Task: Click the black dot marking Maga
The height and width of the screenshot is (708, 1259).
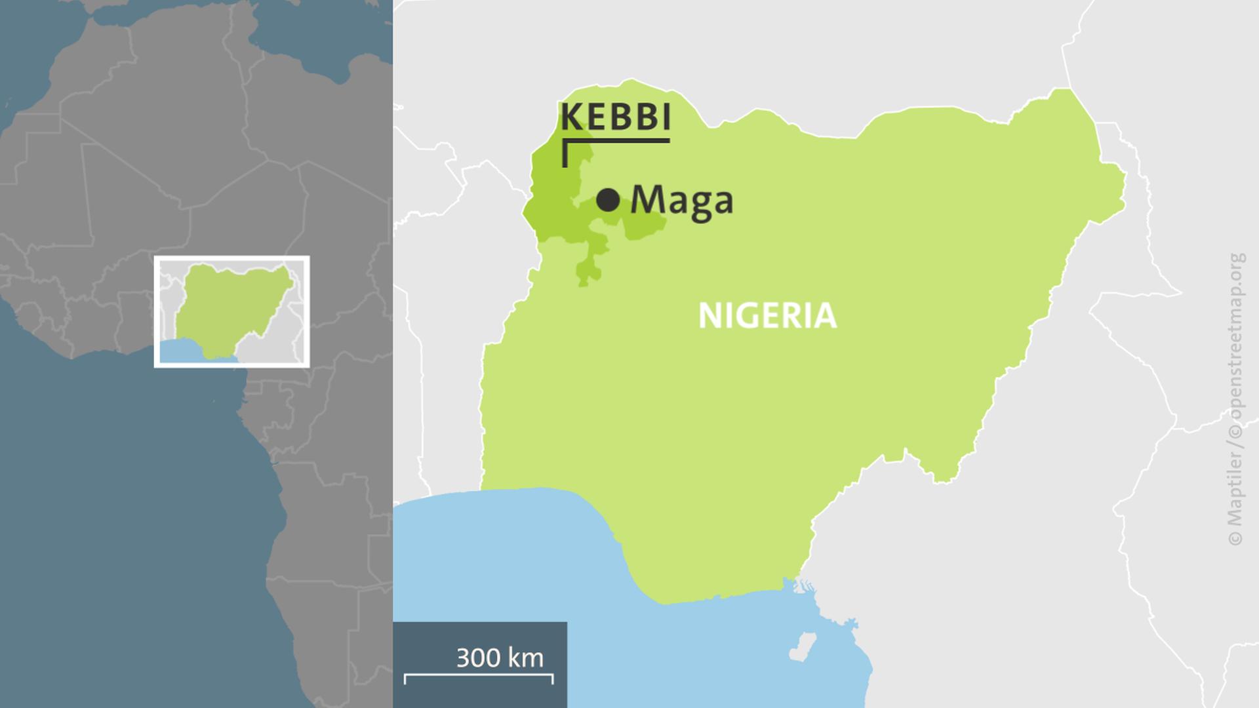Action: pyautogui.click(x=608, y=200)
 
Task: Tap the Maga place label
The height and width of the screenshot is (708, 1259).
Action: pyautogui.click(x=681, y=200)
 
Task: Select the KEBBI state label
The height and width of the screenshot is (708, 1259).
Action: pyautogui.click(x=616, y=118)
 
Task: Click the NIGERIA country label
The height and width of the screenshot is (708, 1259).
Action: pyautogui.click(x=767, y=316)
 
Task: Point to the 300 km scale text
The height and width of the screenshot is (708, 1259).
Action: pyautogui.click(x=500, y=658)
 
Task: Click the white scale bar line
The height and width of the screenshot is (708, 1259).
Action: pyautogui.click(x=479, y=675)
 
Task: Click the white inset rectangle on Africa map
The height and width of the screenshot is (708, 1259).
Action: pyautogui.click(x=231, y=258)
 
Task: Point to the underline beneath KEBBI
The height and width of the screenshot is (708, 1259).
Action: pyautogui.click(x=616, y=140)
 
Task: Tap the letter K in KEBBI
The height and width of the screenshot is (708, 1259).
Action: pyautogui.click(x=572, y=118)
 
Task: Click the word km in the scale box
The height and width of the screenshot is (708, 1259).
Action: pyautogui.click(x=528, y=658)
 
